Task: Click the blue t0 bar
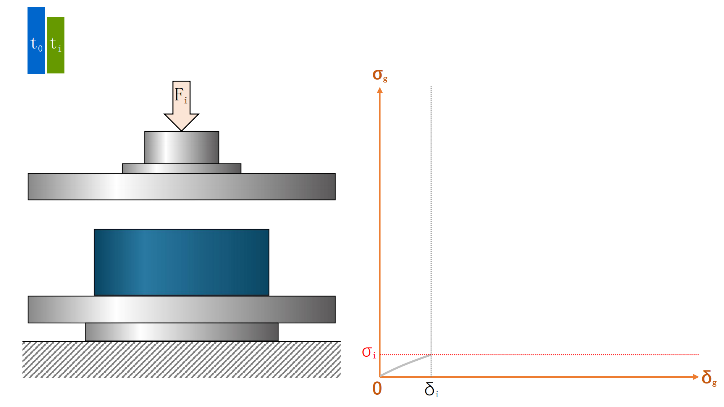[x=36, y=41]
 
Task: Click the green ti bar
[x=56, y=45]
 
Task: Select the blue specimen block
[x=181, y=262]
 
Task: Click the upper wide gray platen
[x=181, y=187]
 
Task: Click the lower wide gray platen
[x=181, y=310]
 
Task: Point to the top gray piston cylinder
[x=181, y=148]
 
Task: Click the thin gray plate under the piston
[x=181, y=169]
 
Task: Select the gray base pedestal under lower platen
[x=181, y=332]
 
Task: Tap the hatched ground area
[x=181, y=360]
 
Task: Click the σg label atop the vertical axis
[x=379, y=75]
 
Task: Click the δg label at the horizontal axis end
[x=708, y=378]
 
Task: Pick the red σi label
[x=369, y=352]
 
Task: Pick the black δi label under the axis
[x=431, y=390]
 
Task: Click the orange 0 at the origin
[x=377, y=389]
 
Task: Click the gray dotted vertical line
[x=431, y=217]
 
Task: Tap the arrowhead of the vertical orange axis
[x=380, y=90]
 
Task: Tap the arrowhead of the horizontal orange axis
[x=695, y=377]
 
